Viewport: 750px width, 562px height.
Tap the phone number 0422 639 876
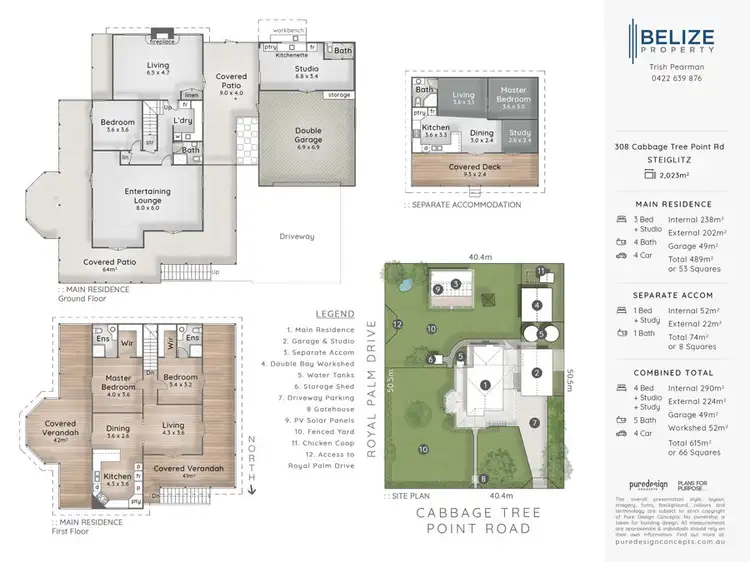point(677,78)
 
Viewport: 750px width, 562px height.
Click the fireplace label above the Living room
point(135,42)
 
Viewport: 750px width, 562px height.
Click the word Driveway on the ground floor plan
point(297,237)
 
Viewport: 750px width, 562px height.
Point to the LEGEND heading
point(334,313)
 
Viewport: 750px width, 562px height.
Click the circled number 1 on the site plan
point(484,384)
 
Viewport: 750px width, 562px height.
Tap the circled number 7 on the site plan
point(535,422)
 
